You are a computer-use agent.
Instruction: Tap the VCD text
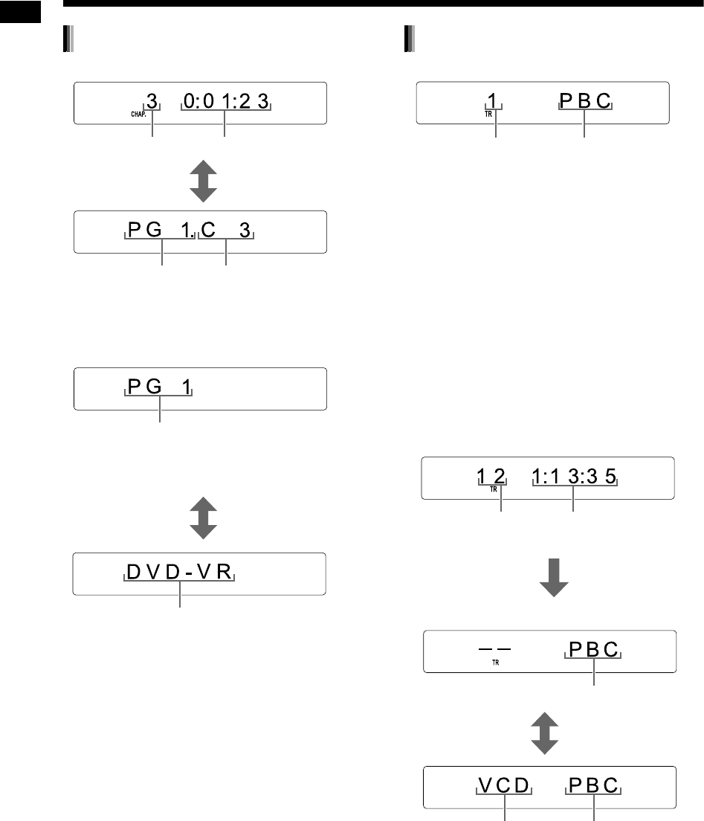coord(505,787)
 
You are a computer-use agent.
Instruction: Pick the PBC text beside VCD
coord(593,787)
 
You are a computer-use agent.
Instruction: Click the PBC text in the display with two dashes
coord(593,650)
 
